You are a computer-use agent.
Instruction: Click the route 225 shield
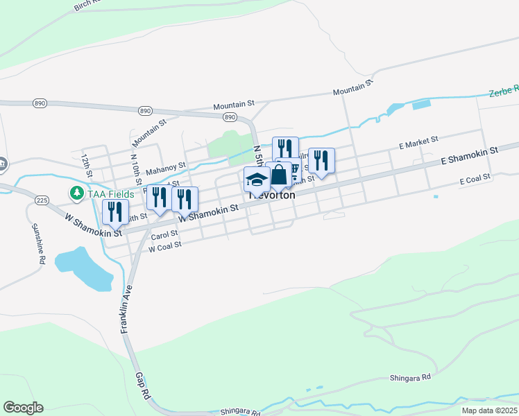(42, 200)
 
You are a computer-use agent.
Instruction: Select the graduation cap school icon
(257, 180)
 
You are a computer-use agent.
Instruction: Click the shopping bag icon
(278, 175)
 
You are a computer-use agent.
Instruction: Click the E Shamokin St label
(470, 155)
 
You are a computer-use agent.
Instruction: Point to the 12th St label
(87, 165)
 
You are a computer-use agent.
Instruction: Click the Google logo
(23, 408)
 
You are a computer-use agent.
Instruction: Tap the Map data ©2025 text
(488, 410)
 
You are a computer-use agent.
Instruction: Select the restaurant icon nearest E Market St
(321, 160)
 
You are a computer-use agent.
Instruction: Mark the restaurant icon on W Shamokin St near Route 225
(115, 211)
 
